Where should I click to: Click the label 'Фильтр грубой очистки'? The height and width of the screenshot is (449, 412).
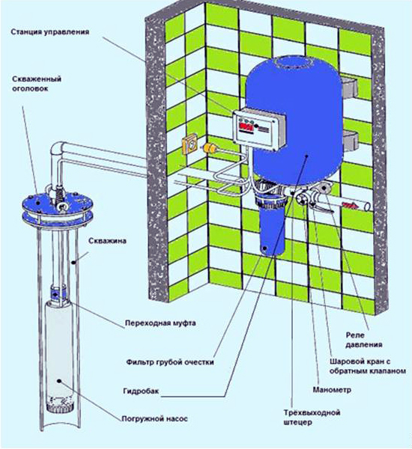169,361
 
